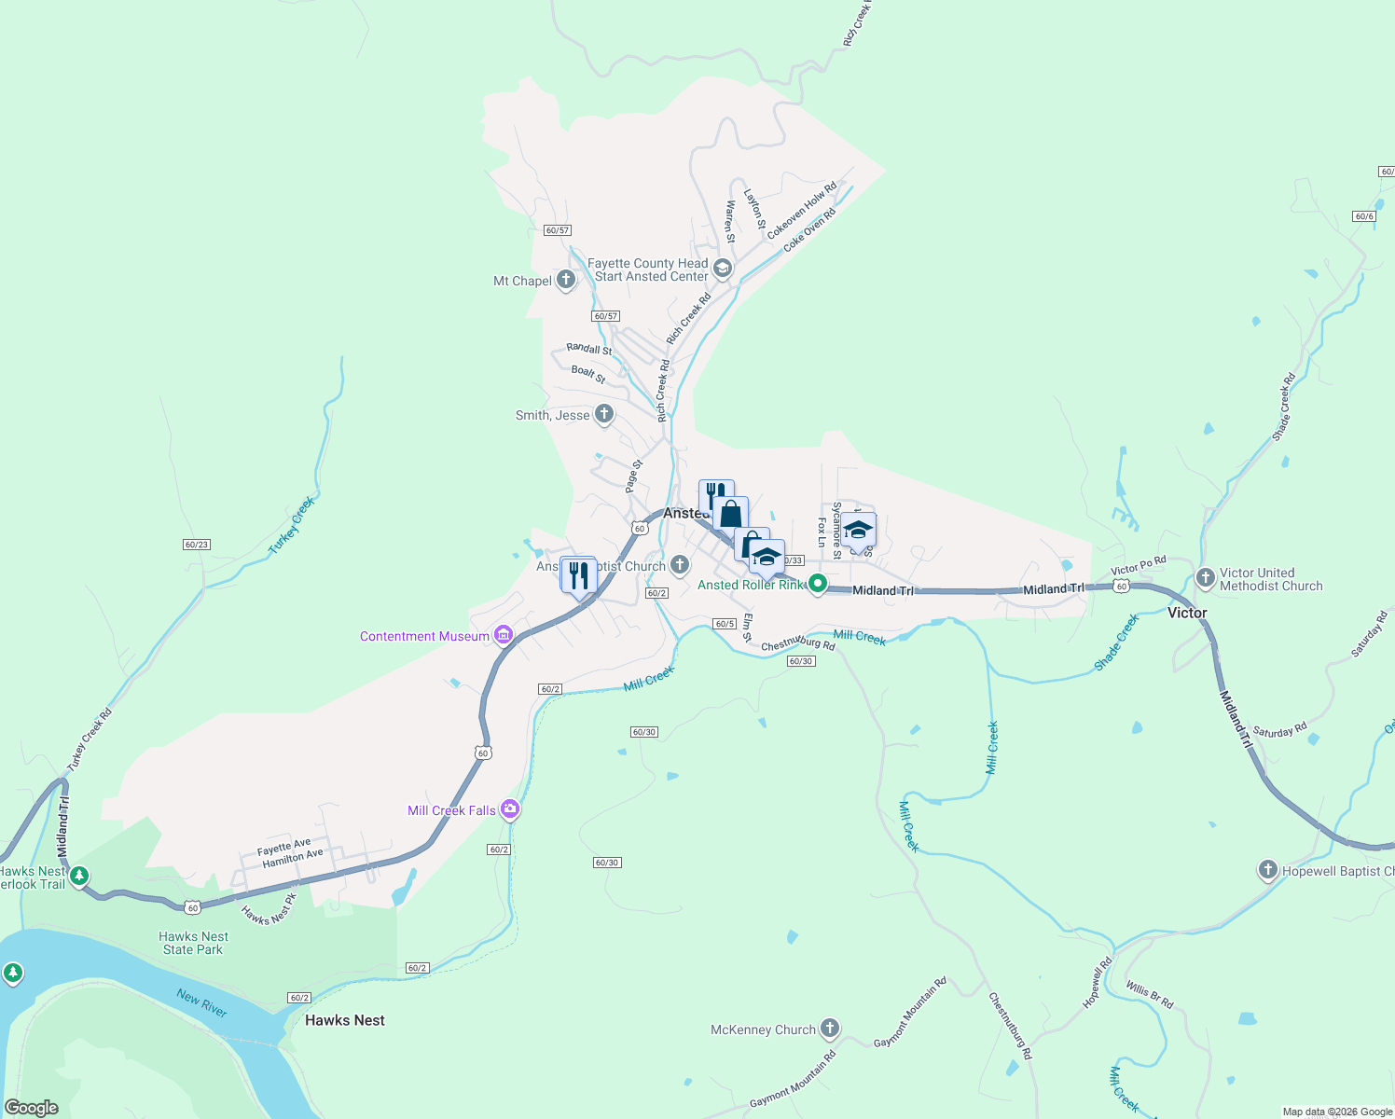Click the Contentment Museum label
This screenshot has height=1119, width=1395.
424,636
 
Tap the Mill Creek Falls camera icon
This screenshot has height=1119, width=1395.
509,808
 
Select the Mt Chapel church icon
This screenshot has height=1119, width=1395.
566,280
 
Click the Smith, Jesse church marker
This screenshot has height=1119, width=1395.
604,414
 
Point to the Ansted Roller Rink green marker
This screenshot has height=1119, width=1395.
818,585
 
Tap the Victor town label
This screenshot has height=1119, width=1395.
1187,613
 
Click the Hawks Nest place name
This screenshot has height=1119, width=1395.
345,1020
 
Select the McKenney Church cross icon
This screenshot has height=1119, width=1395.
829,1029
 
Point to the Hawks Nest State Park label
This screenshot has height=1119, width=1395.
193,943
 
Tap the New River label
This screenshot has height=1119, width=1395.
202,1002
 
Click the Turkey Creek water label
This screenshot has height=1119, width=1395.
292,525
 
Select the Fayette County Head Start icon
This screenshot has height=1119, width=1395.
723,269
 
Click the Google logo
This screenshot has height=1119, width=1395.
32,1108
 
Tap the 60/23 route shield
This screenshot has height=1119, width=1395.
197,545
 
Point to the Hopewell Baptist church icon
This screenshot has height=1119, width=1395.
1267,870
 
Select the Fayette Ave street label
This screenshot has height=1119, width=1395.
283,846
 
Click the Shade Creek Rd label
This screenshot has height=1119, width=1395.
1284,407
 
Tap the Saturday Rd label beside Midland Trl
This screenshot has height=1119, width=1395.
1280,731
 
